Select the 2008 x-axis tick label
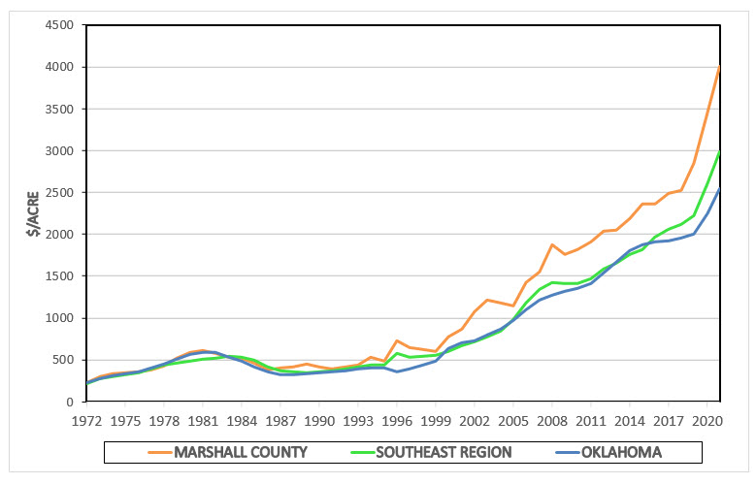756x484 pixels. (x=552, y=422)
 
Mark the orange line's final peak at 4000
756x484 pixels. (x=719, y=67)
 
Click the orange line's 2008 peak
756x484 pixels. (x=552, y=244)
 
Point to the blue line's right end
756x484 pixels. (x=719, y=190)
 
